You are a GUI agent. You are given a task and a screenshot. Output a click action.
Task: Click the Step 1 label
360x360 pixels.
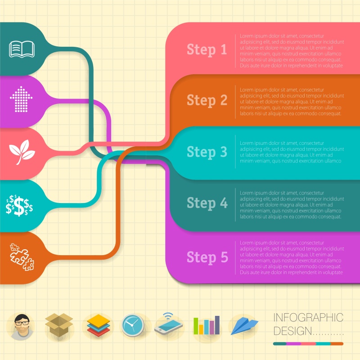[207, 49]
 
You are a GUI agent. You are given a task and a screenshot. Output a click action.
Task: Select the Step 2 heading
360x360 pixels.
[207, 100]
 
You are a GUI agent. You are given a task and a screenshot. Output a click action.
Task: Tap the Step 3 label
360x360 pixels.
[207, 152]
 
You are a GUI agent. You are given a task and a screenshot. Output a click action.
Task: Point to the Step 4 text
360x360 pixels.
[207, 203]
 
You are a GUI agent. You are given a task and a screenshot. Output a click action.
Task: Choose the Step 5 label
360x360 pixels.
[207, 257]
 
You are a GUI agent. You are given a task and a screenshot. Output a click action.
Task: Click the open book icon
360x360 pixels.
[22, 49]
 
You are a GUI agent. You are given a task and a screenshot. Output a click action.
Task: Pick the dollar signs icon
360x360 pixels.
[19, 205]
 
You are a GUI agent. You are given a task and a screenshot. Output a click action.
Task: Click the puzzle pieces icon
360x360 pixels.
[22, 256]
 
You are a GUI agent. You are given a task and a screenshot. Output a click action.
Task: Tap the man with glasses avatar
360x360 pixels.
[21, 326]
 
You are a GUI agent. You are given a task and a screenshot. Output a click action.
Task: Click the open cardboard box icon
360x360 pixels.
[59, 325]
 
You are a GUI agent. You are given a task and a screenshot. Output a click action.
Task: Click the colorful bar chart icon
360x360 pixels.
[207, 325]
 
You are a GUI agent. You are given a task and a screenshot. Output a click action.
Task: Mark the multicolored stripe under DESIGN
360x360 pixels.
[308, 344]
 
